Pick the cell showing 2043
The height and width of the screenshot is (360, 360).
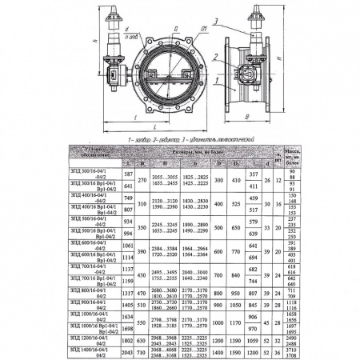pyautogui.click(x=126, y=351)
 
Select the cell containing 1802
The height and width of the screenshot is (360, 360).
pyautogui.click(x=126, y=340)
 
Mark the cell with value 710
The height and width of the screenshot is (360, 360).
pyautogui.click(x=142, y=351)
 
